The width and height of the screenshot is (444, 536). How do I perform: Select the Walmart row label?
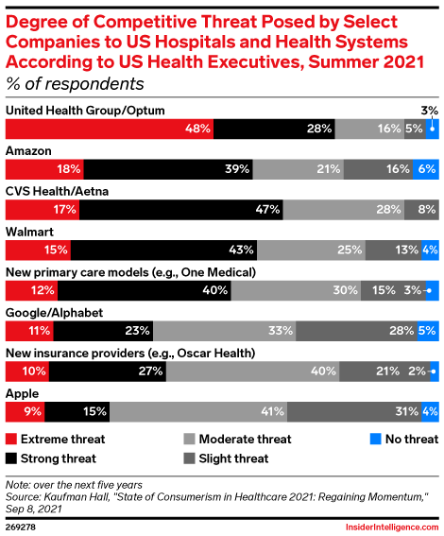pos(29,230)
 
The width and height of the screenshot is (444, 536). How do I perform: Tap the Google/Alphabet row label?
pos(55,311)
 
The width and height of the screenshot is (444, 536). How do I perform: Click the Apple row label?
pos(23,391)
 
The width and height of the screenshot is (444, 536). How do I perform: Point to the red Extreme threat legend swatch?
pos(11,439)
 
